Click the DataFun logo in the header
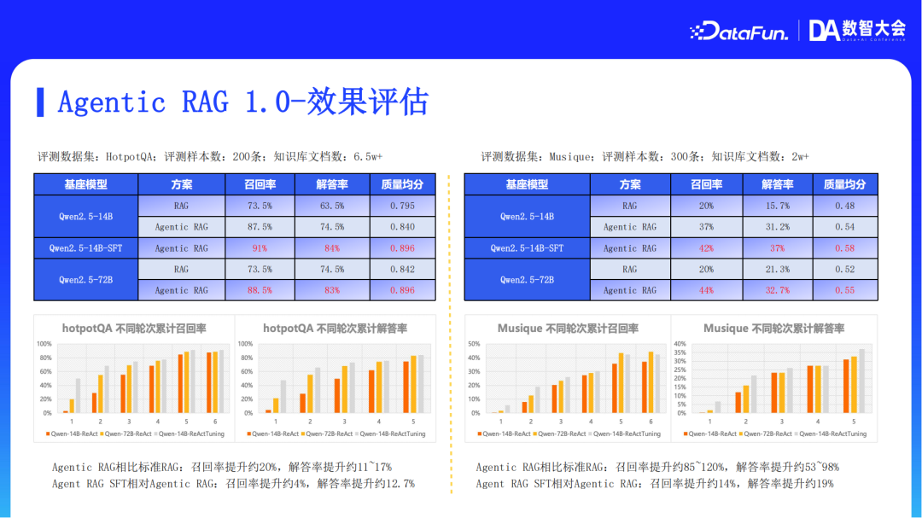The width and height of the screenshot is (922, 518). point(738,32)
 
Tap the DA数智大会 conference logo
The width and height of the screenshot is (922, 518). point(857,31)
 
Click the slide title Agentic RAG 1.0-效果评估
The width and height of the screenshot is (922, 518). point(242,102)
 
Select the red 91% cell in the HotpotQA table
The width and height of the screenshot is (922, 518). point(259,248)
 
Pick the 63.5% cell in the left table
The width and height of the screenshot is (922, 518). point(331,206)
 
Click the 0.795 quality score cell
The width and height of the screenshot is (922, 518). point(402,206)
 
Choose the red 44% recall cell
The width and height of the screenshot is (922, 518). point(705,290)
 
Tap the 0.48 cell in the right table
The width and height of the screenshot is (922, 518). point(844,206)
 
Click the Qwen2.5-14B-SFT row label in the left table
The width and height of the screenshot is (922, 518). point(85,248)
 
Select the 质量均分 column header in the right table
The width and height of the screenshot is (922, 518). point(844,184)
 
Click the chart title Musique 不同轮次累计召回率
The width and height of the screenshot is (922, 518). point(568,329)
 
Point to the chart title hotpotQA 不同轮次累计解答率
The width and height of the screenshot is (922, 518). point(335,329)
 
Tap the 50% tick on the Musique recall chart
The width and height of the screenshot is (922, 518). point(473,344)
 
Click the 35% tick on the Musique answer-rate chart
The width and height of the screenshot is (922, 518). point(680,352)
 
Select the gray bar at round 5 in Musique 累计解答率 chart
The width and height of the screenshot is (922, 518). point(861,381)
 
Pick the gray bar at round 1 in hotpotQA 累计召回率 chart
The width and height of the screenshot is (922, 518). point(79,396)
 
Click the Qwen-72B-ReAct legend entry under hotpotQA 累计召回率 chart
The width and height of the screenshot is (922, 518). point(127,434)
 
